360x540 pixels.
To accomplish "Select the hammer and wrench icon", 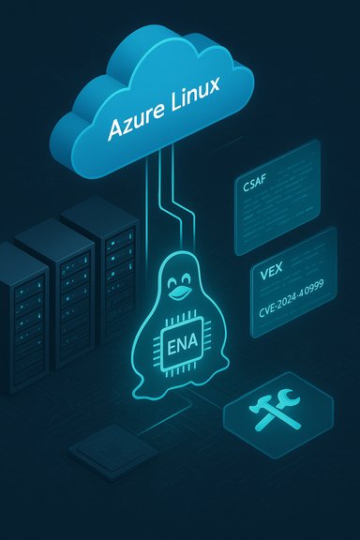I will [x=278, y=412].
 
